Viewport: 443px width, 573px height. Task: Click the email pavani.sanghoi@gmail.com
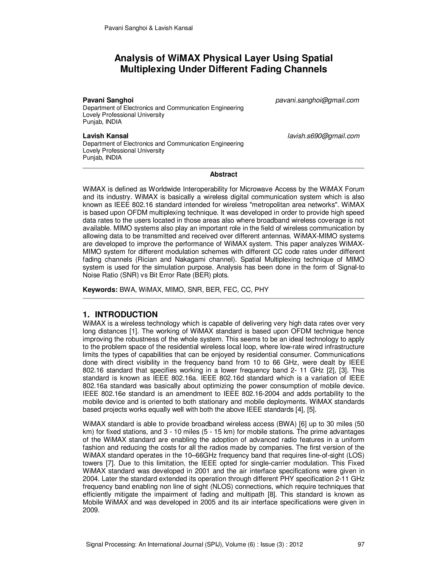pos(317,100)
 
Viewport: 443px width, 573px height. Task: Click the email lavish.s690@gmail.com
pos(323,136)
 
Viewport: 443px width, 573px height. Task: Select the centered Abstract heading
pos(223,174)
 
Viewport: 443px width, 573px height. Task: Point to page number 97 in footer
pos(361,544)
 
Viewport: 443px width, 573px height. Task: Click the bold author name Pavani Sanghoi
pos(108,100)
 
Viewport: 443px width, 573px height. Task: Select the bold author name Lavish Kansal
pos(106,136)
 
